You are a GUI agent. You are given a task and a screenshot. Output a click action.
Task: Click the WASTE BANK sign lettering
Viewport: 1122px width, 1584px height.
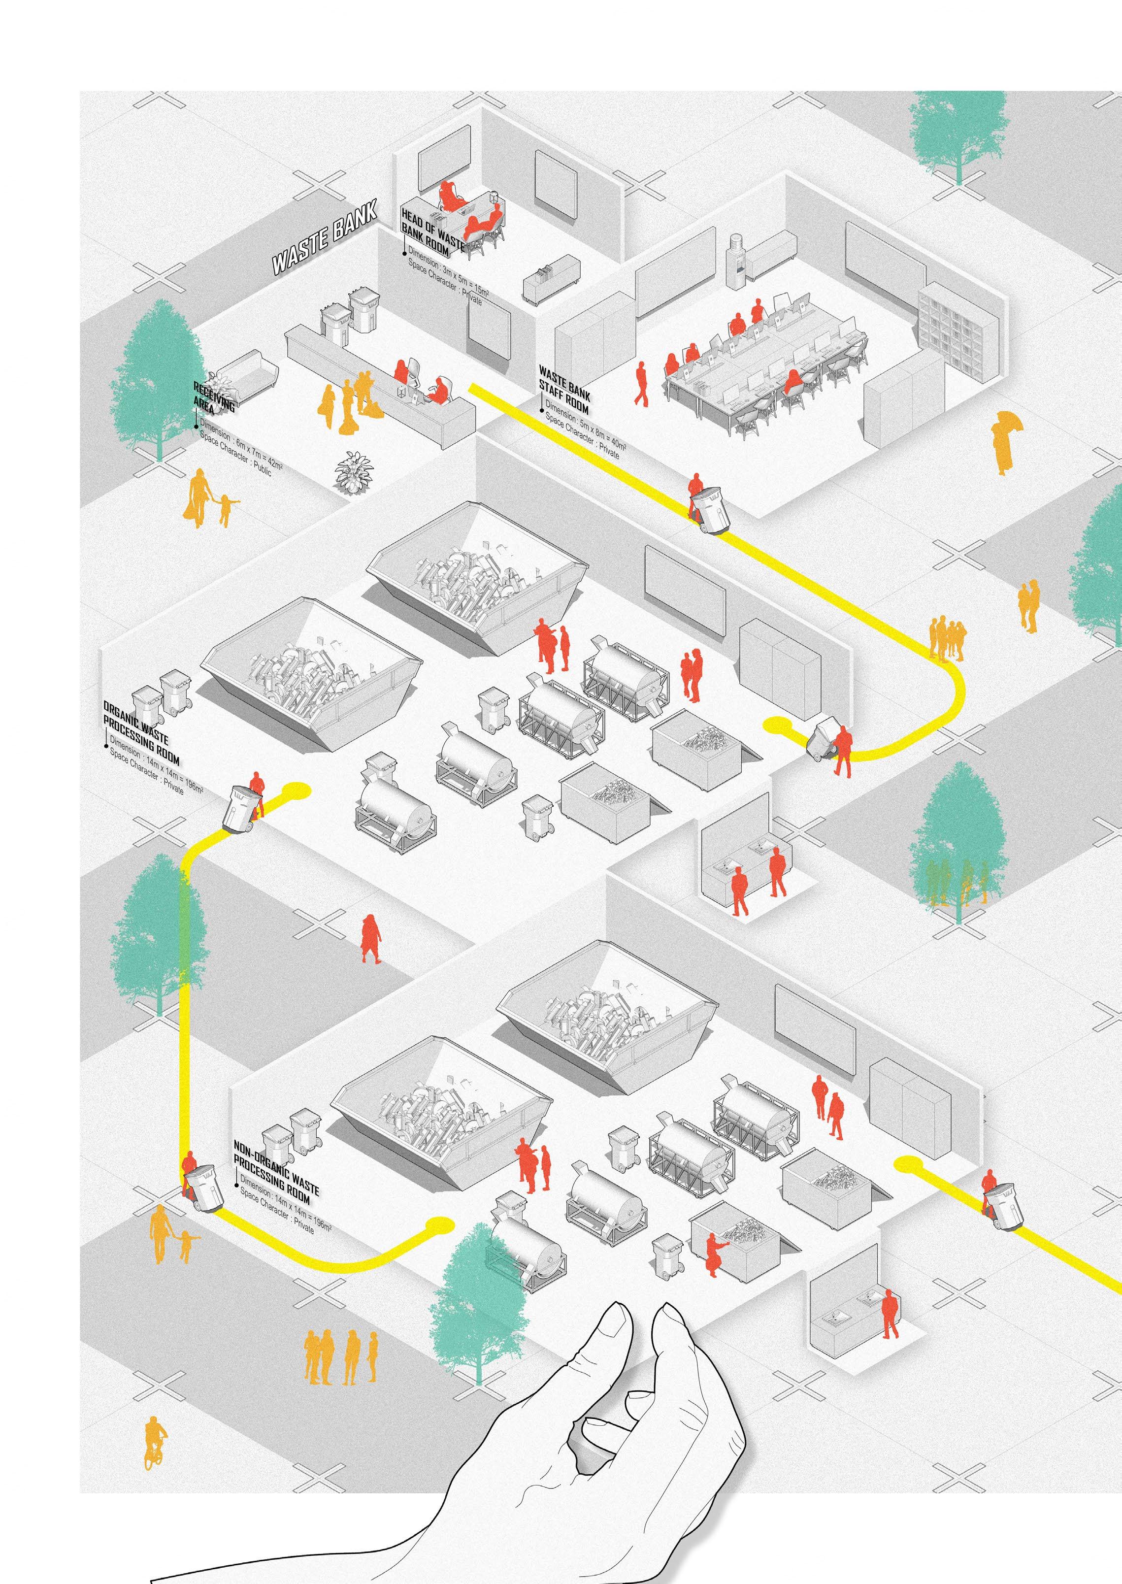tap(325, 238)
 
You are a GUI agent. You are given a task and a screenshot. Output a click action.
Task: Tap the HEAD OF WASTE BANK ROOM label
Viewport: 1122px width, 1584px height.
tap(432, 231)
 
